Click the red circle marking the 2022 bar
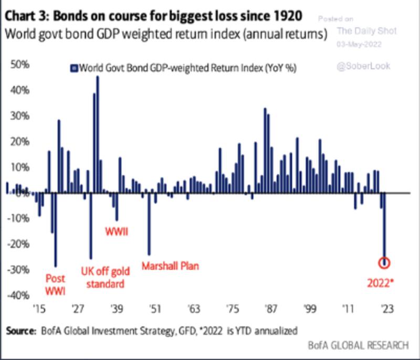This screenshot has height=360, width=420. tap(384, 262)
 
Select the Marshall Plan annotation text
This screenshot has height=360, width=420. tap(170, 266)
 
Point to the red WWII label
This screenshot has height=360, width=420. tap(117, 232)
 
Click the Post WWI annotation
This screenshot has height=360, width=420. tap(56, 284)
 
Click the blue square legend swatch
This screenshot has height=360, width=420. tap(74, 68)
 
